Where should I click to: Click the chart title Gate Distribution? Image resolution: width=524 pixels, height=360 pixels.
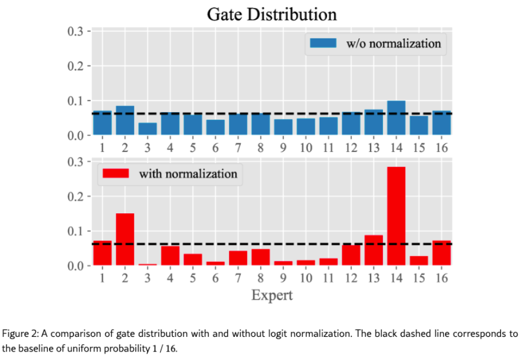pos(271,14)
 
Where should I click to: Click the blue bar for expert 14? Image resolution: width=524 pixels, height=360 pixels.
pos(396,118)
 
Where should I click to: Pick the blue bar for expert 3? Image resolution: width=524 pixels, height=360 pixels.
pos(148,129)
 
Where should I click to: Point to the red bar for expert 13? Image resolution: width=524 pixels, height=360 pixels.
pos(373,250)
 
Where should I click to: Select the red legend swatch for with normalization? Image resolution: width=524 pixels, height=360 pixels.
pos(115,173)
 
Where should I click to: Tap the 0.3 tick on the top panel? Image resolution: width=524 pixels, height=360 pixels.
pos(76,30)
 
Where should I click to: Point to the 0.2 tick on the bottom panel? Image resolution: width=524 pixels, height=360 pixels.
pos(76,196)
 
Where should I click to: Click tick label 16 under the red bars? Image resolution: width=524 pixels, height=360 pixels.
pos(442,278)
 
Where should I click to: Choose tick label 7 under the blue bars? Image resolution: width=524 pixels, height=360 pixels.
pos(238,148)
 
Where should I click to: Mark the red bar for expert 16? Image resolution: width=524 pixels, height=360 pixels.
pos(442,253)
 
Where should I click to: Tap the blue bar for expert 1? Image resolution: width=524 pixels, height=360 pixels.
pos(103,123)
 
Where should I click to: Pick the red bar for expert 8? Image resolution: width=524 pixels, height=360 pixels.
pos(261,257)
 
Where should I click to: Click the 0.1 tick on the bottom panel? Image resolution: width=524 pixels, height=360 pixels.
pos(76,231)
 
